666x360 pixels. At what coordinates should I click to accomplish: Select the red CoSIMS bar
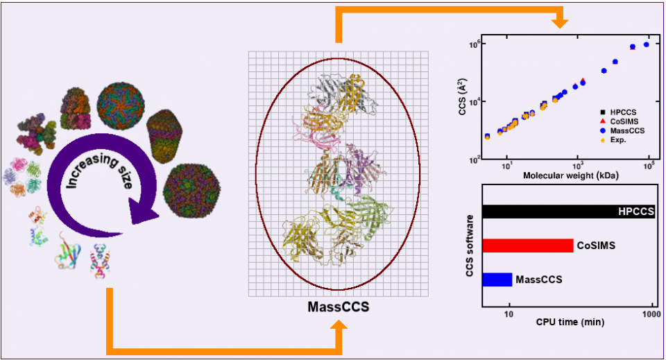pos(527,246)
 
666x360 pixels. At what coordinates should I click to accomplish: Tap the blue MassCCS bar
pos(497,280)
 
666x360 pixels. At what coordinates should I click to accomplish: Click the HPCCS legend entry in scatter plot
pos(622,112)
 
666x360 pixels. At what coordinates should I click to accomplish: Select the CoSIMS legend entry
pos(624,121)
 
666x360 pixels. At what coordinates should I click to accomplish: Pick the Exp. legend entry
pos(619,139)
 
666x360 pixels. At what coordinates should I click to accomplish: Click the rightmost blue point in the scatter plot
pos(647,44)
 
